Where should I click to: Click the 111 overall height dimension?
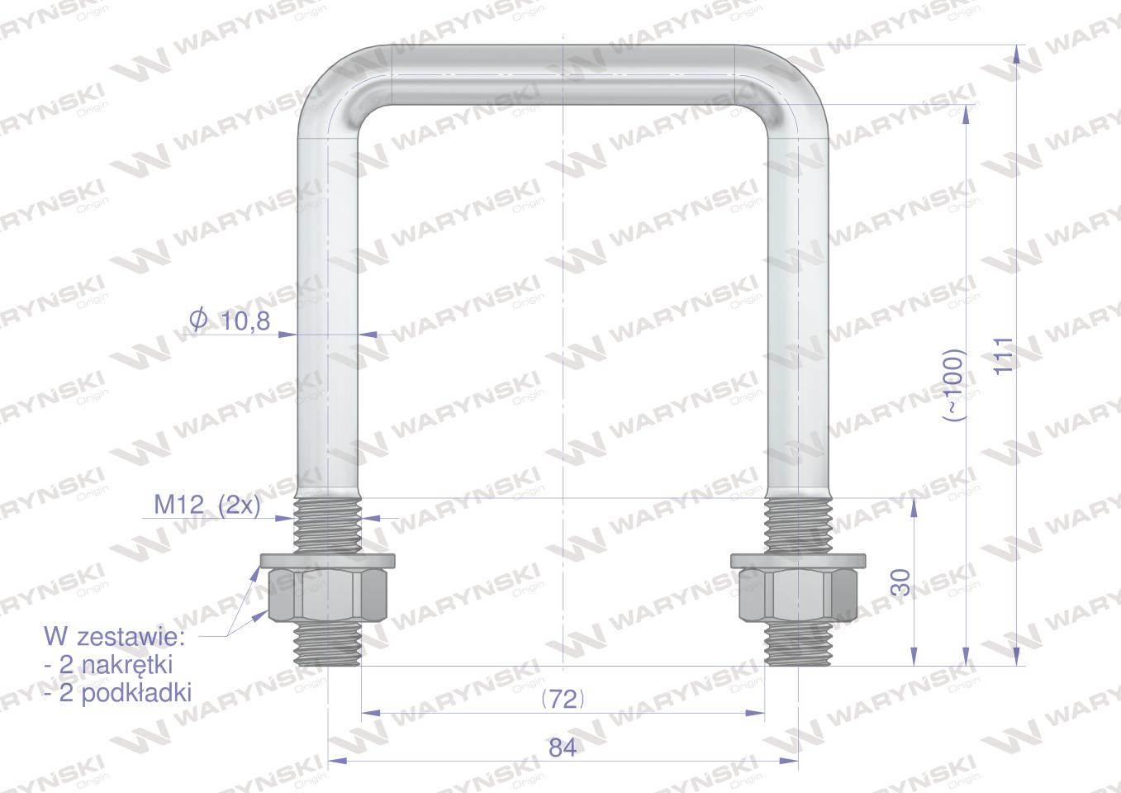click(1004, 356)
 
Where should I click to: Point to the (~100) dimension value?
click(952, 385)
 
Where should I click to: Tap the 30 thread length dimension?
click(901, 582)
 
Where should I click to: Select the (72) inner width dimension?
click(563, 699)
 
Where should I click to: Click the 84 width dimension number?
click(563, 748)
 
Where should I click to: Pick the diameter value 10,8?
click(245, 321)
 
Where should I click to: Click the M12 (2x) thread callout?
click(207, 506)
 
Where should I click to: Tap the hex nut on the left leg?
click(328, 596)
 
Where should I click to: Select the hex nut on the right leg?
click(798, 596)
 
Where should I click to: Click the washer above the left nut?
click(328, 561)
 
